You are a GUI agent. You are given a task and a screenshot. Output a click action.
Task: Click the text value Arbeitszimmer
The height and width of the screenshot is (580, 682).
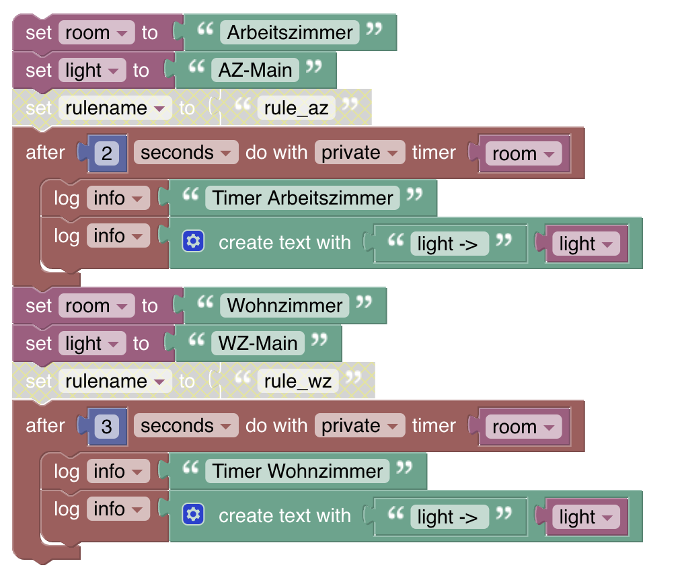coord(290,32)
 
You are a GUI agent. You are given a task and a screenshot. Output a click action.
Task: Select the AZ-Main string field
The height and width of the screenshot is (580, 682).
coord(255,70)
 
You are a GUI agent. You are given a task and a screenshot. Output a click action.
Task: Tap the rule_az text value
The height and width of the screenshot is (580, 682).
coord(296,108)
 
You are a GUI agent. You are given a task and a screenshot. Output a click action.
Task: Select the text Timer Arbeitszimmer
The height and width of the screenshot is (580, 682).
coord(303,198)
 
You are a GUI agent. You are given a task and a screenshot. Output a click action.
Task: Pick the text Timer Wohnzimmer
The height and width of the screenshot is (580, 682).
coord(298,471)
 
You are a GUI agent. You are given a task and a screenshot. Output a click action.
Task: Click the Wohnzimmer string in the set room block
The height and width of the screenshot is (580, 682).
coord(285,305)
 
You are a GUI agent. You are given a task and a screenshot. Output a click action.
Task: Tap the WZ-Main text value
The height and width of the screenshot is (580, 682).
coord(258,343)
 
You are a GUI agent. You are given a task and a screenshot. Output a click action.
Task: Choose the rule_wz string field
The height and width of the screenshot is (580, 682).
coord(298,382)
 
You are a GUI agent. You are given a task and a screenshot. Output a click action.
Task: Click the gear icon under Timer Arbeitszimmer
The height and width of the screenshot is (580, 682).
coord(193,242)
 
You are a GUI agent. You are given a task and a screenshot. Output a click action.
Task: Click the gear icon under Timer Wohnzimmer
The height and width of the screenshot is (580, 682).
coord(193,515)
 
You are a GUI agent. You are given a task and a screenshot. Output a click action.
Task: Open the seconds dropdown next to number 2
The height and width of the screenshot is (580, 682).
coord(186,153)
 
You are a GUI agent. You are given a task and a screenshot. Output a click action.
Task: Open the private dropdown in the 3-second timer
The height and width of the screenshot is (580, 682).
coord(359,426)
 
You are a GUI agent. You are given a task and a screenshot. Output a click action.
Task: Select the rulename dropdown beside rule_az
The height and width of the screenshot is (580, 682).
coord(114,108)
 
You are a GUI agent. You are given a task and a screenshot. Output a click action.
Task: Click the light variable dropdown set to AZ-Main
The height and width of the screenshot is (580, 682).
coord(92,70)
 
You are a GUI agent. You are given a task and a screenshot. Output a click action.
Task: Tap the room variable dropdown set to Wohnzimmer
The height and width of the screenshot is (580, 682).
coord(96,305)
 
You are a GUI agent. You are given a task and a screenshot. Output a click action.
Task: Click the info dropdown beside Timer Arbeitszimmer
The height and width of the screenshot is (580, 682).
coord(118,198)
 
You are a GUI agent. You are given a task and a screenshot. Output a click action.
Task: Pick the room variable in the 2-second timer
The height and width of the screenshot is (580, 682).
coord(523,153)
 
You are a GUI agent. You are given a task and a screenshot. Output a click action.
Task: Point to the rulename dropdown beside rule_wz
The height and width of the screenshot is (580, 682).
coord(114,382)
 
